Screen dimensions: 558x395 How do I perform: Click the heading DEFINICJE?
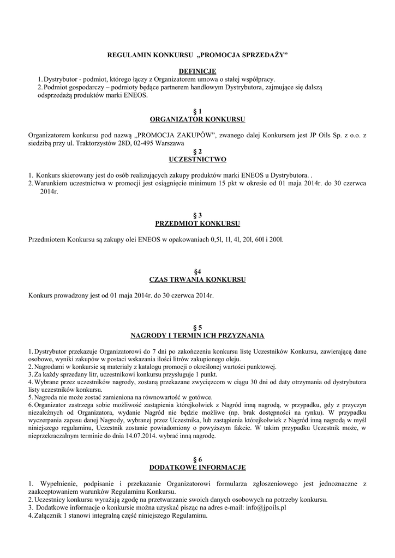click(197, 71)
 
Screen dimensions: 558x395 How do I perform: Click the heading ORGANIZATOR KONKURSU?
click(197, 119)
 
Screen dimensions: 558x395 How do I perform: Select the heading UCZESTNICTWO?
click(197, 159)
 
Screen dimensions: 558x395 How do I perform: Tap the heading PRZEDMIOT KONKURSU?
click(197, 223)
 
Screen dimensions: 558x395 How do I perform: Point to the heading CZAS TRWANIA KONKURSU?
click(197, 280)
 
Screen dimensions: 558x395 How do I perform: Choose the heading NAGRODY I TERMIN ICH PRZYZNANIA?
click(197, 335)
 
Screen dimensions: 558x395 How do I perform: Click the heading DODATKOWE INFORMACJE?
click(197, 468)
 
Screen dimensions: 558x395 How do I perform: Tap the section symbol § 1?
click(197, 111)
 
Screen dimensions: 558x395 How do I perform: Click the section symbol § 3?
click(197, 215)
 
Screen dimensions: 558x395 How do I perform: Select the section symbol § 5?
click(197, 327)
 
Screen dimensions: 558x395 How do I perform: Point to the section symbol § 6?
click(197, 459)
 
